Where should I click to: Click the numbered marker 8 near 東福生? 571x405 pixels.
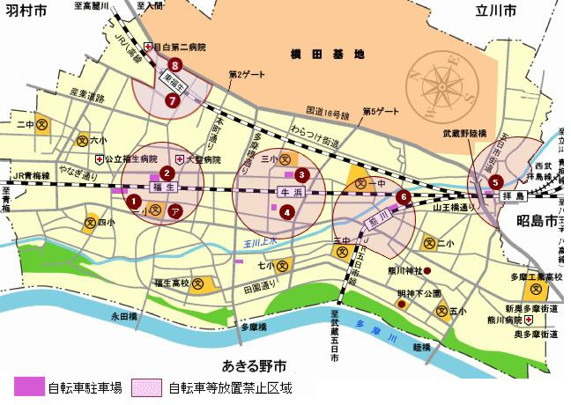[176, 65]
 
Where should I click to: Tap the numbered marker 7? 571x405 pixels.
[172, 100]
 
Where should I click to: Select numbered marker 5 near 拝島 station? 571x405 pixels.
[495, 182]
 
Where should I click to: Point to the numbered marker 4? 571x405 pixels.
[286, 211]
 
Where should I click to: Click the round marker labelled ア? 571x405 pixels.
[175, 210]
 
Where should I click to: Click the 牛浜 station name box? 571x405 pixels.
[290, 190]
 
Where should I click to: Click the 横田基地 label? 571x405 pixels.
[327, 55]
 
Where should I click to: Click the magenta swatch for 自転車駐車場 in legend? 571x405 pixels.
[26, 387]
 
